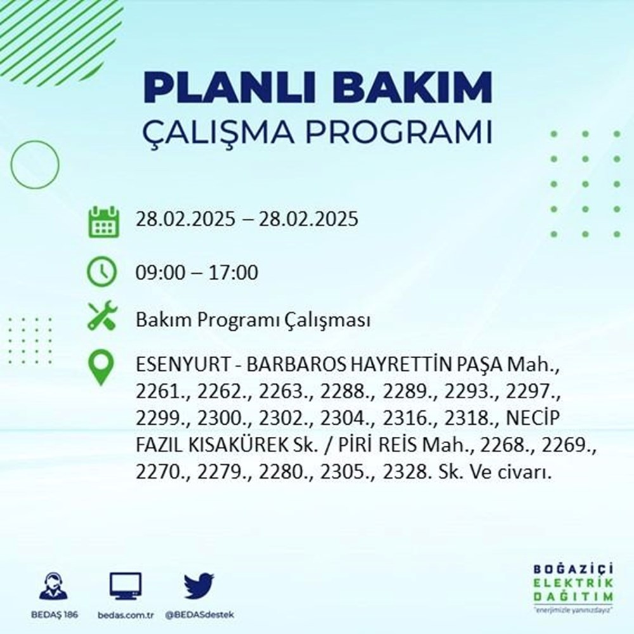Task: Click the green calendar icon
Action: pyautogui.click(x=103, y=221)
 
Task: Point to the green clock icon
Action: pyautogui.click(x=102, y=273)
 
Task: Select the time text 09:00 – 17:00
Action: pyautogui.click(x=197, y=273)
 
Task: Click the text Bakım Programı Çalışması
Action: pyautogui.click(x=253, y=320)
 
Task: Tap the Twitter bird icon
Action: pyautogui.click(x=198, y=586)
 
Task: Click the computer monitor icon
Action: pyautogui.click(x=126, y=586)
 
